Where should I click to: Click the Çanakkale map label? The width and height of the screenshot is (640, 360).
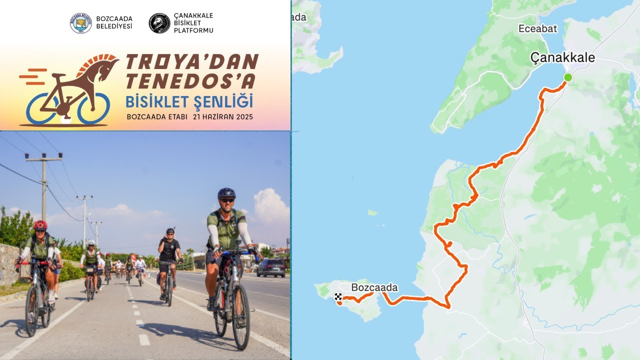[562, 58]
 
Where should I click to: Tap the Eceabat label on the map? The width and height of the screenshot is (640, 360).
[537, 29]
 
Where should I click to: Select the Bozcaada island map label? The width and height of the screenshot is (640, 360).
[374, 287]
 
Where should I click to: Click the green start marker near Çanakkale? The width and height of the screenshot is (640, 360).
[567, 77]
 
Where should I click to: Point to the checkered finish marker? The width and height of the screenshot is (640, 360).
[338, 296]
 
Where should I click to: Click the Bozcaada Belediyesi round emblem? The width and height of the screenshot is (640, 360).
[81, 23]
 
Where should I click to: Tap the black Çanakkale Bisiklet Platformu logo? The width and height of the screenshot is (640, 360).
[159, 23]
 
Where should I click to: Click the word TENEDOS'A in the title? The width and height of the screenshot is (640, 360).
[190, 80]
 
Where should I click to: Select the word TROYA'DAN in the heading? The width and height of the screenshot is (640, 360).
[191, 62]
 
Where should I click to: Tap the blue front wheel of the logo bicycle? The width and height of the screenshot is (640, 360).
[93, 108]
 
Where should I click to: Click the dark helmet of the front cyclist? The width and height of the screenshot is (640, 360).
[226, 193]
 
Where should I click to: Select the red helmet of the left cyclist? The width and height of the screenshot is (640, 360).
[40, 225]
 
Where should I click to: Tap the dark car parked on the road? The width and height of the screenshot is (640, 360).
[271, 267]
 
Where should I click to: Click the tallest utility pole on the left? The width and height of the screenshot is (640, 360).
[44, 185]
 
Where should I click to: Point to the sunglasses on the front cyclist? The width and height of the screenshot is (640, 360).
[227, 200]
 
